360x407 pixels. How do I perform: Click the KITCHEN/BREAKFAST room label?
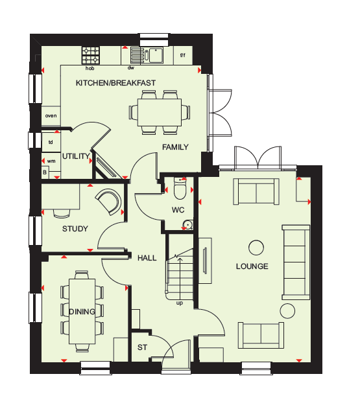tap(115, 83)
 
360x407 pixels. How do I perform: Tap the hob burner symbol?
tap(91, 55)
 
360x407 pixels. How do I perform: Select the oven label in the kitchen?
tap(51, 116)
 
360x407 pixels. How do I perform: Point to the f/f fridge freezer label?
tap(183, 55)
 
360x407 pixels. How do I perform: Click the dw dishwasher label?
tap(131, 68)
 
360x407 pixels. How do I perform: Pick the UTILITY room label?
tap(76, 156)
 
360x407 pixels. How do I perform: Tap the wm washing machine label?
tap(51, 161)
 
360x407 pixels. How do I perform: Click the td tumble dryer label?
tap(51, 142)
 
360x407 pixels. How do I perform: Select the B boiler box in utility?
tap(45, 172)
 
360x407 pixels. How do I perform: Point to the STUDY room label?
tap(75, 229)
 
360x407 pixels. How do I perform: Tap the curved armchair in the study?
tap(110, 202)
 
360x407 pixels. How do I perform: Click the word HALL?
tap(147, 258)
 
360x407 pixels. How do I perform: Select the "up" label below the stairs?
tap(180, 303)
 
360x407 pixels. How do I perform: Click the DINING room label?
tap(82, 312)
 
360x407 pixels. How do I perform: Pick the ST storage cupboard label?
tap(142, 347)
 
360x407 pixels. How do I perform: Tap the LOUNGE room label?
tap(252, 266)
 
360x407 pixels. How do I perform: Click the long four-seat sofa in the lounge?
tap(296, 262)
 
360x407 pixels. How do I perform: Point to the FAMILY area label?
tap(175, 147)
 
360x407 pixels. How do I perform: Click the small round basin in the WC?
tap(187, 224)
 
